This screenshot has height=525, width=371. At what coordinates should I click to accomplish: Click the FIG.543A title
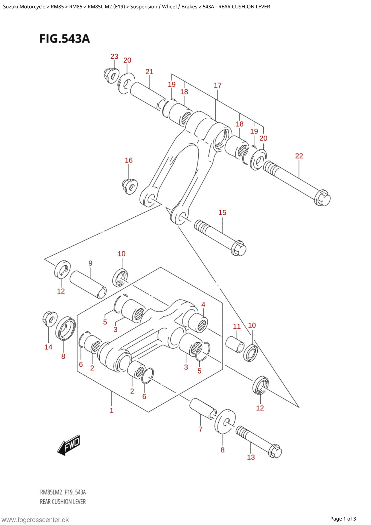pos(65,39)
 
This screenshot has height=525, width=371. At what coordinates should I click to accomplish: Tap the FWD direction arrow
pos(69,445)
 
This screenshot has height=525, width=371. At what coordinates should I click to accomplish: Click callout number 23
pos(114,56)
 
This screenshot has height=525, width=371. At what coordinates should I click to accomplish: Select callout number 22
pos(299,156)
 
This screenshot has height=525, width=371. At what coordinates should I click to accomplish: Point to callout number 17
pos(218,85)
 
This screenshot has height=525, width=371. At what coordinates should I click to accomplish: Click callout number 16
pos(129,160)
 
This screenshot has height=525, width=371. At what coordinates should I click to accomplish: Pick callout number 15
pos(222,213)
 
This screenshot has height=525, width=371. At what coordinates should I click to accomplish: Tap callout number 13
pos(251,457)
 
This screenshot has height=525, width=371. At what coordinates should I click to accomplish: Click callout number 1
pos(112,410)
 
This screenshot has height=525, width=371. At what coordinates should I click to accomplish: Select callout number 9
pos(90,263)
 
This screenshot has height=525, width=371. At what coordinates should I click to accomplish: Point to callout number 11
pos(237,326)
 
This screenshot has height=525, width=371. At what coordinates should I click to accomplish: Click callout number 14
pos(48,347)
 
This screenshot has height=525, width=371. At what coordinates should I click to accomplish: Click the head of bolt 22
pos(322,198)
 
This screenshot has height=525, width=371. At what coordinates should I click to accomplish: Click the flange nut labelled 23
pos(112,75)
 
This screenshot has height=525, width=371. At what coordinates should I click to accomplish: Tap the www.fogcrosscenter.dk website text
pos(35,520)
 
